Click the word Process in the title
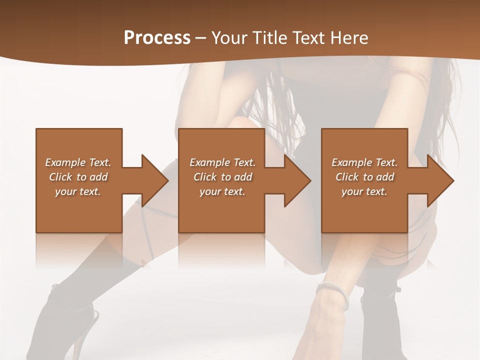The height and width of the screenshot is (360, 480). pos(157,38)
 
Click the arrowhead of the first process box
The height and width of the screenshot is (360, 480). pos(153,180)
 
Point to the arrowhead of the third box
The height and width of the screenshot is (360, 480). pos(439,180)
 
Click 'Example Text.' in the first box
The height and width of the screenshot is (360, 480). pos(78,162)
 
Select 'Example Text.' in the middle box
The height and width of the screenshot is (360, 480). pos(222,162)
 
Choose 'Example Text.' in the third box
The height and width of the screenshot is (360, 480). pos(364,162)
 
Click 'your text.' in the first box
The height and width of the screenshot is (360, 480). pos(78,191)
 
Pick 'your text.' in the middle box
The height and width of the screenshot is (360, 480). pos(222,191)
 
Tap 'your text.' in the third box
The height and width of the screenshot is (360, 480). pos(364,191)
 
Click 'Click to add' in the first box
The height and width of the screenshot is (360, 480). pos(78,177)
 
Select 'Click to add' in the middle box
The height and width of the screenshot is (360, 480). pos(222,177)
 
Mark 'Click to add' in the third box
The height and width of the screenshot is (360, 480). pos(364,177)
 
